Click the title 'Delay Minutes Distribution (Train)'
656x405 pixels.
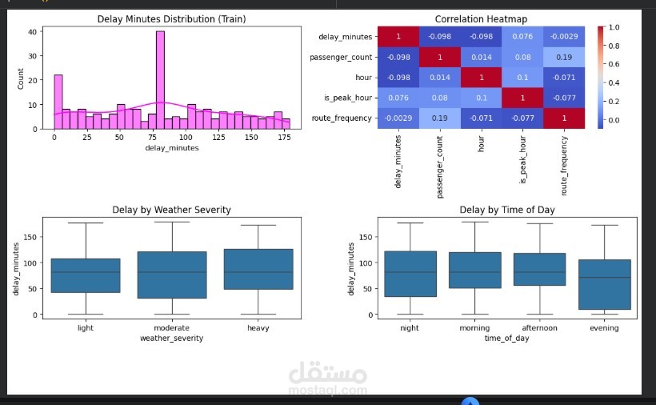171,19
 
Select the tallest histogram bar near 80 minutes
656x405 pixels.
160,80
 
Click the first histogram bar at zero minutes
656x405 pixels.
58,102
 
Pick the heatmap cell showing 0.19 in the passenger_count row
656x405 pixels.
564,58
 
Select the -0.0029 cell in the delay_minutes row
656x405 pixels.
564,37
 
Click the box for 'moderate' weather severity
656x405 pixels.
172,275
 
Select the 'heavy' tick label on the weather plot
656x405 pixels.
258,328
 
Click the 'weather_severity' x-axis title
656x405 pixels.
171,339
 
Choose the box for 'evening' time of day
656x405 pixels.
604,284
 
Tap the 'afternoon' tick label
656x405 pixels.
539,328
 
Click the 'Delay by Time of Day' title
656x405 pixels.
507,210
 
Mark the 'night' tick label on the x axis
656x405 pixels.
410,328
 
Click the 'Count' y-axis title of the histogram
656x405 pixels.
21,78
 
